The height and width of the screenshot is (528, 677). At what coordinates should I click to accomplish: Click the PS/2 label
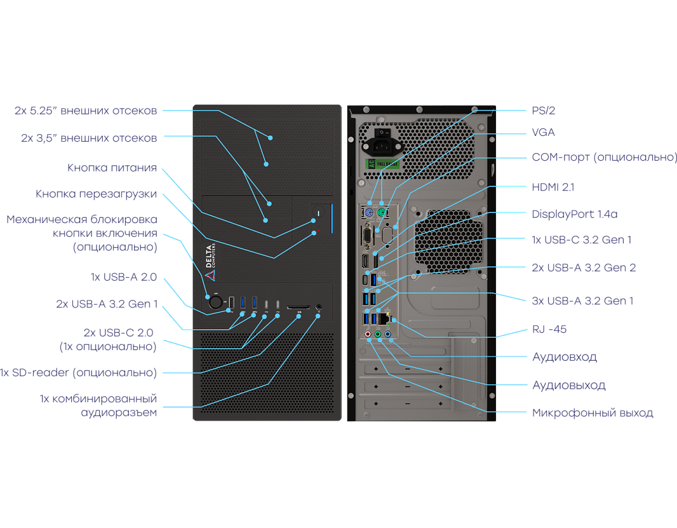(543, 111)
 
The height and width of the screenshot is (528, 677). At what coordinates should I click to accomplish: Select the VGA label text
(543, 133)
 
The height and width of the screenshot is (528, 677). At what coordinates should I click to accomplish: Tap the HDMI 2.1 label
(553, 187)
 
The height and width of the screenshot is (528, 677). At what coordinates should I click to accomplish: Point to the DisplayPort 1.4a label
(575, 214)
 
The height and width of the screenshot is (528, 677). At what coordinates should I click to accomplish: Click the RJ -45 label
(549, 329)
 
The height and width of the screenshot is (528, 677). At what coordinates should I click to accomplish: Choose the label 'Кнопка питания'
(112, 168)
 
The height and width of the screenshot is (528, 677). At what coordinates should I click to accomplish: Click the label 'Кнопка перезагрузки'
(96, 194)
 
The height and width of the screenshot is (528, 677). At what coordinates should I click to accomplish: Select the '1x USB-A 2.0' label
(124, 277)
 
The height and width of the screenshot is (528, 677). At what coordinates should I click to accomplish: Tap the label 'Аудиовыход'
(568, 385)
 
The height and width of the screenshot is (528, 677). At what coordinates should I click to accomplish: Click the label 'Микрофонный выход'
(592, 413)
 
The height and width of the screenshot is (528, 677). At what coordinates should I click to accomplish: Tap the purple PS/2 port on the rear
(368, 214)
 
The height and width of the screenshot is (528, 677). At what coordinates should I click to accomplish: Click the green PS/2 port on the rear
(382, 214)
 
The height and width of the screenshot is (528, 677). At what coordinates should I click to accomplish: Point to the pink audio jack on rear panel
(368, 335)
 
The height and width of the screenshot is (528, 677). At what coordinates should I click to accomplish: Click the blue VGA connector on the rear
(368, 235)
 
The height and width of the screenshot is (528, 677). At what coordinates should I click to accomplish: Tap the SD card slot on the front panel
(298, 308)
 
